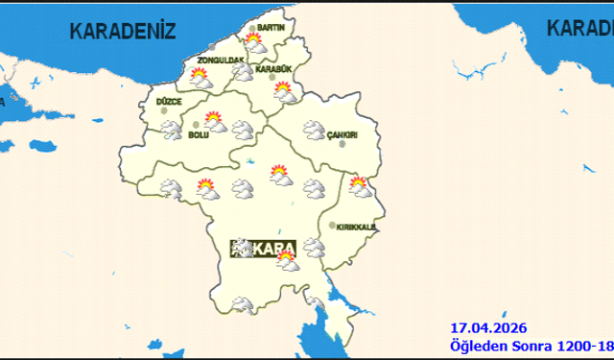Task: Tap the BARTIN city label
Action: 272,29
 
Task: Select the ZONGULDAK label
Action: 221,60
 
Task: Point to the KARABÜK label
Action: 273,69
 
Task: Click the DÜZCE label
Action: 168,101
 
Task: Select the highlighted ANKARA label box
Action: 265,249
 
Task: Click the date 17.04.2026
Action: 487,328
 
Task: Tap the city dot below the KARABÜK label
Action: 272,78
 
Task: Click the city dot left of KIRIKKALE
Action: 333,227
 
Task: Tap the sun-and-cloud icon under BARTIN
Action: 254,42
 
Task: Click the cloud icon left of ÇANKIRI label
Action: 313,129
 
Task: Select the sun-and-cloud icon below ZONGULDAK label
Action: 201,79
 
